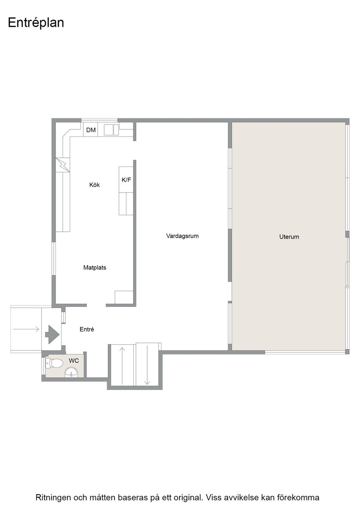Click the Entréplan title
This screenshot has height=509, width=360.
[36, 23]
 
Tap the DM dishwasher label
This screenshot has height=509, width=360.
[91, 130]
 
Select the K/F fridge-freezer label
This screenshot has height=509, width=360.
[126, 180]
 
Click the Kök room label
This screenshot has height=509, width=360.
[95, 185]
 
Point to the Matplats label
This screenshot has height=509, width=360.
[95, 268]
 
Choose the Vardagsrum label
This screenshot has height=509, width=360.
[182, 236]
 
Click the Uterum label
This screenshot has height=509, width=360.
[289, 237]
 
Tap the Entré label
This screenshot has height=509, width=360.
[87, 329]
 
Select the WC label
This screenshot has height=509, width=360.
[74, 361]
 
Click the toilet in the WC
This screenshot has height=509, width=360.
[54, 363]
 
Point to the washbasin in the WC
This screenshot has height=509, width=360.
[71, 372]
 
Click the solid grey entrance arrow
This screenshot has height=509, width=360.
[52, 334]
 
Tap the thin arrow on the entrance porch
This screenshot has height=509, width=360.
[26, 329]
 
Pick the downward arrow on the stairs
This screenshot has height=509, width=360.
[147, 365]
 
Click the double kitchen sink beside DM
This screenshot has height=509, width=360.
[111, 129]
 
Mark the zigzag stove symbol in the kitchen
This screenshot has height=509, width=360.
[63, 165]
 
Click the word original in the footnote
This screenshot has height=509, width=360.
[189, 497]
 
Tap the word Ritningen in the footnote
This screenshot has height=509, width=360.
[53, 497]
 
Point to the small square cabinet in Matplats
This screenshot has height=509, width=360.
[124, 297]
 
